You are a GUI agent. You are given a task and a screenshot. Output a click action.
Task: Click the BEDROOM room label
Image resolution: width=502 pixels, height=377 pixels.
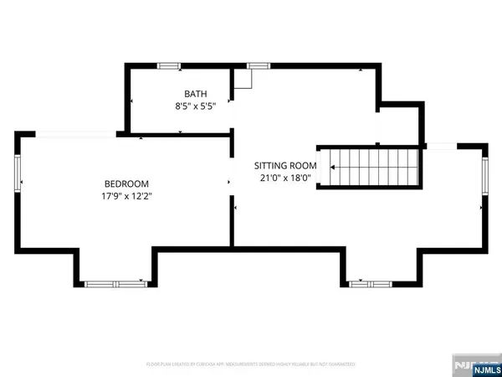click(126, 183)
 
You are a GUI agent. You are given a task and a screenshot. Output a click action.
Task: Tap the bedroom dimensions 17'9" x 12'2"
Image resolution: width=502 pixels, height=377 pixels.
click(126, 197)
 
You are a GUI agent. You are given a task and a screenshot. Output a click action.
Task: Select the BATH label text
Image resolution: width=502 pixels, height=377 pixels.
click(196, 95)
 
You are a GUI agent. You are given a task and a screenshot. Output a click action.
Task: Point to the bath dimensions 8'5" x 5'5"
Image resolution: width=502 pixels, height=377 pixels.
click(196, 107)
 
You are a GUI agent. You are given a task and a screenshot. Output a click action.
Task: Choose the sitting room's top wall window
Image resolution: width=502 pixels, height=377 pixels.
click(259, 65)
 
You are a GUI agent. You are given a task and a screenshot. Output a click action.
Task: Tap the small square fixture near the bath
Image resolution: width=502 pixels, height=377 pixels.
click(243, 78)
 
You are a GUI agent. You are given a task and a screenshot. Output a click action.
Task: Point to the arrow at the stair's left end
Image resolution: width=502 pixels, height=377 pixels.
click(332, 168)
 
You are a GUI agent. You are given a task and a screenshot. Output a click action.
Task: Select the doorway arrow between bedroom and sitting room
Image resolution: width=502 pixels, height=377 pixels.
click(228, 180)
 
